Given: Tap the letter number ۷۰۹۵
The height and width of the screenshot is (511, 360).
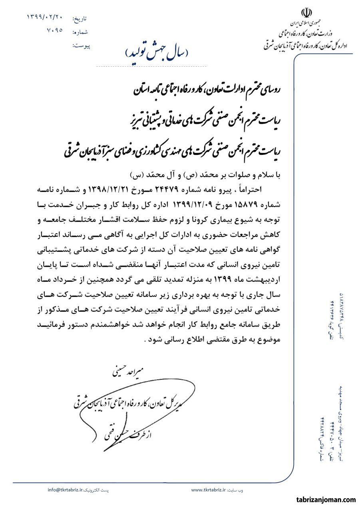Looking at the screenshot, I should pos(54,30).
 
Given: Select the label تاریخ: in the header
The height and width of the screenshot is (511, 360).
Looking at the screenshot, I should pos(80,19).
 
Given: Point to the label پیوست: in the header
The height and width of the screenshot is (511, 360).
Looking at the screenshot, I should pos(82,46).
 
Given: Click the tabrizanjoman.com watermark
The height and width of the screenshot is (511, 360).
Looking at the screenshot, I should pos(326,499).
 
